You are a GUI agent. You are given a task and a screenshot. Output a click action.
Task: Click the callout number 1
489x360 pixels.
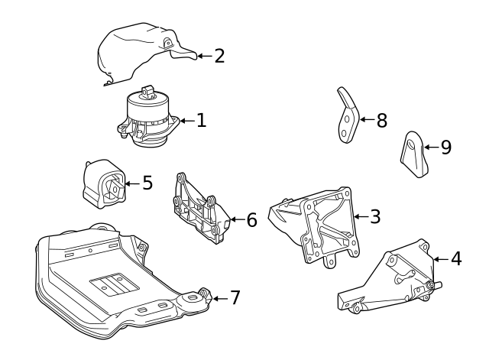(x=202, y=120)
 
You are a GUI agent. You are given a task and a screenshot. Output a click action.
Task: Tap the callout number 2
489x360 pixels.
(x=219, y=56)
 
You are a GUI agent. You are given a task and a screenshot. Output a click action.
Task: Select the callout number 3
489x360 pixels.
(x=375, y=216)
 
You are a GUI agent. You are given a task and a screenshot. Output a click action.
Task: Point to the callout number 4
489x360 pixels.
(x=456, y=258)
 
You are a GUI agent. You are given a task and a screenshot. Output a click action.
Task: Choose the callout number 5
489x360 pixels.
(x=147, y=183)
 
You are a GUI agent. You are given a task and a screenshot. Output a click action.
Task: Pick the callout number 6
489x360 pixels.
(x=251, y=220)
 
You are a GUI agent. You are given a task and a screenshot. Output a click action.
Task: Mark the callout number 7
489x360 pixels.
(x=235, y=297)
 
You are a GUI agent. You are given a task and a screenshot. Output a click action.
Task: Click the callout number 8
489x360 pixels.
(x=381, y=120)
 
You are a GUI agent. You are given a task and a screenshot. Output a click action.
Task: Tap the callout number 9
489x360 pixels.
(x=446, y=147)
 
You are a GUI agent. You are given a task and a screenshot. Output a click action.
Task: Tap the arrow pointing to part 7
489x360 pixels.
(x=218, y=297)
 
